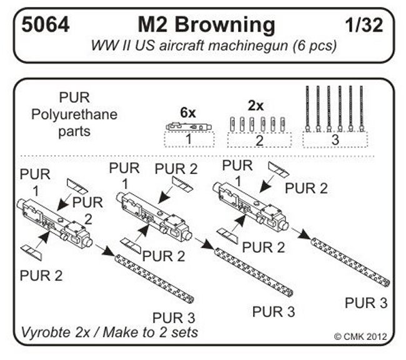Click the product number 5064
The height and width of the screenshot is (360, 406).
coord(45,26)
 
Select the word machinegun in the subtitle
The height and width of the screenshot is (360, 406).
coord(265,46)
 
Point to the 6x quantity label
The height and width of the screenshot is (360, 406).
coord(187,112)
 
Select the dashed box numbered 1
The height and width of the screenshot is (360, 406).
coord(187,140)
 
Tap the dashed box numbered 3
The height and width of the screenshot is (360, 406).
coord(335,140)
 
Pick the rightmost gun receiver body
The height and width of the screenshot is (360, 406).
coord(250,203)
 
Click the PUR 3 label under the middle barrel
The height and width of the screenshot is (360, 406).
coord(272,310)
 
